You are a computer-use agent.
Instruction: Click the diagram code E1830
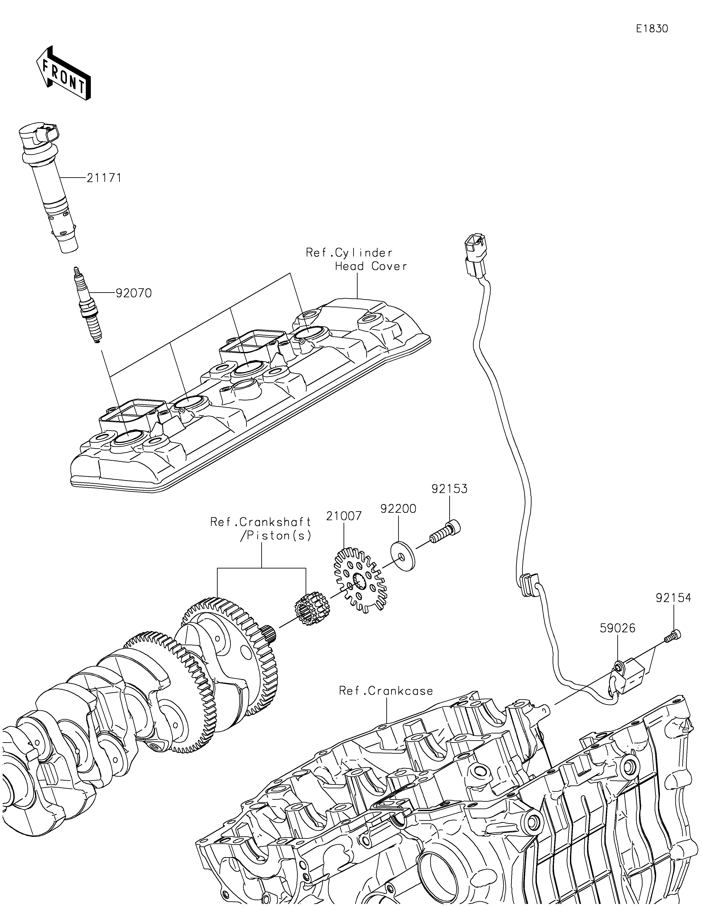coord(652,29)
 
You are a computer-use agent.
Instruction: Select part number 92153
coord(449,489)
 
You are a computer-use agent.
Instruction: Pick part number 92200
coord(398,508)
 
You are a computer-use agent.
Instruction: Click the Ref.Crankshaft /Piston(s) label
coord(261,529)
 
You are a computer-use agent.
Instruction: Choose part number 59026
coord(618,628)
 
